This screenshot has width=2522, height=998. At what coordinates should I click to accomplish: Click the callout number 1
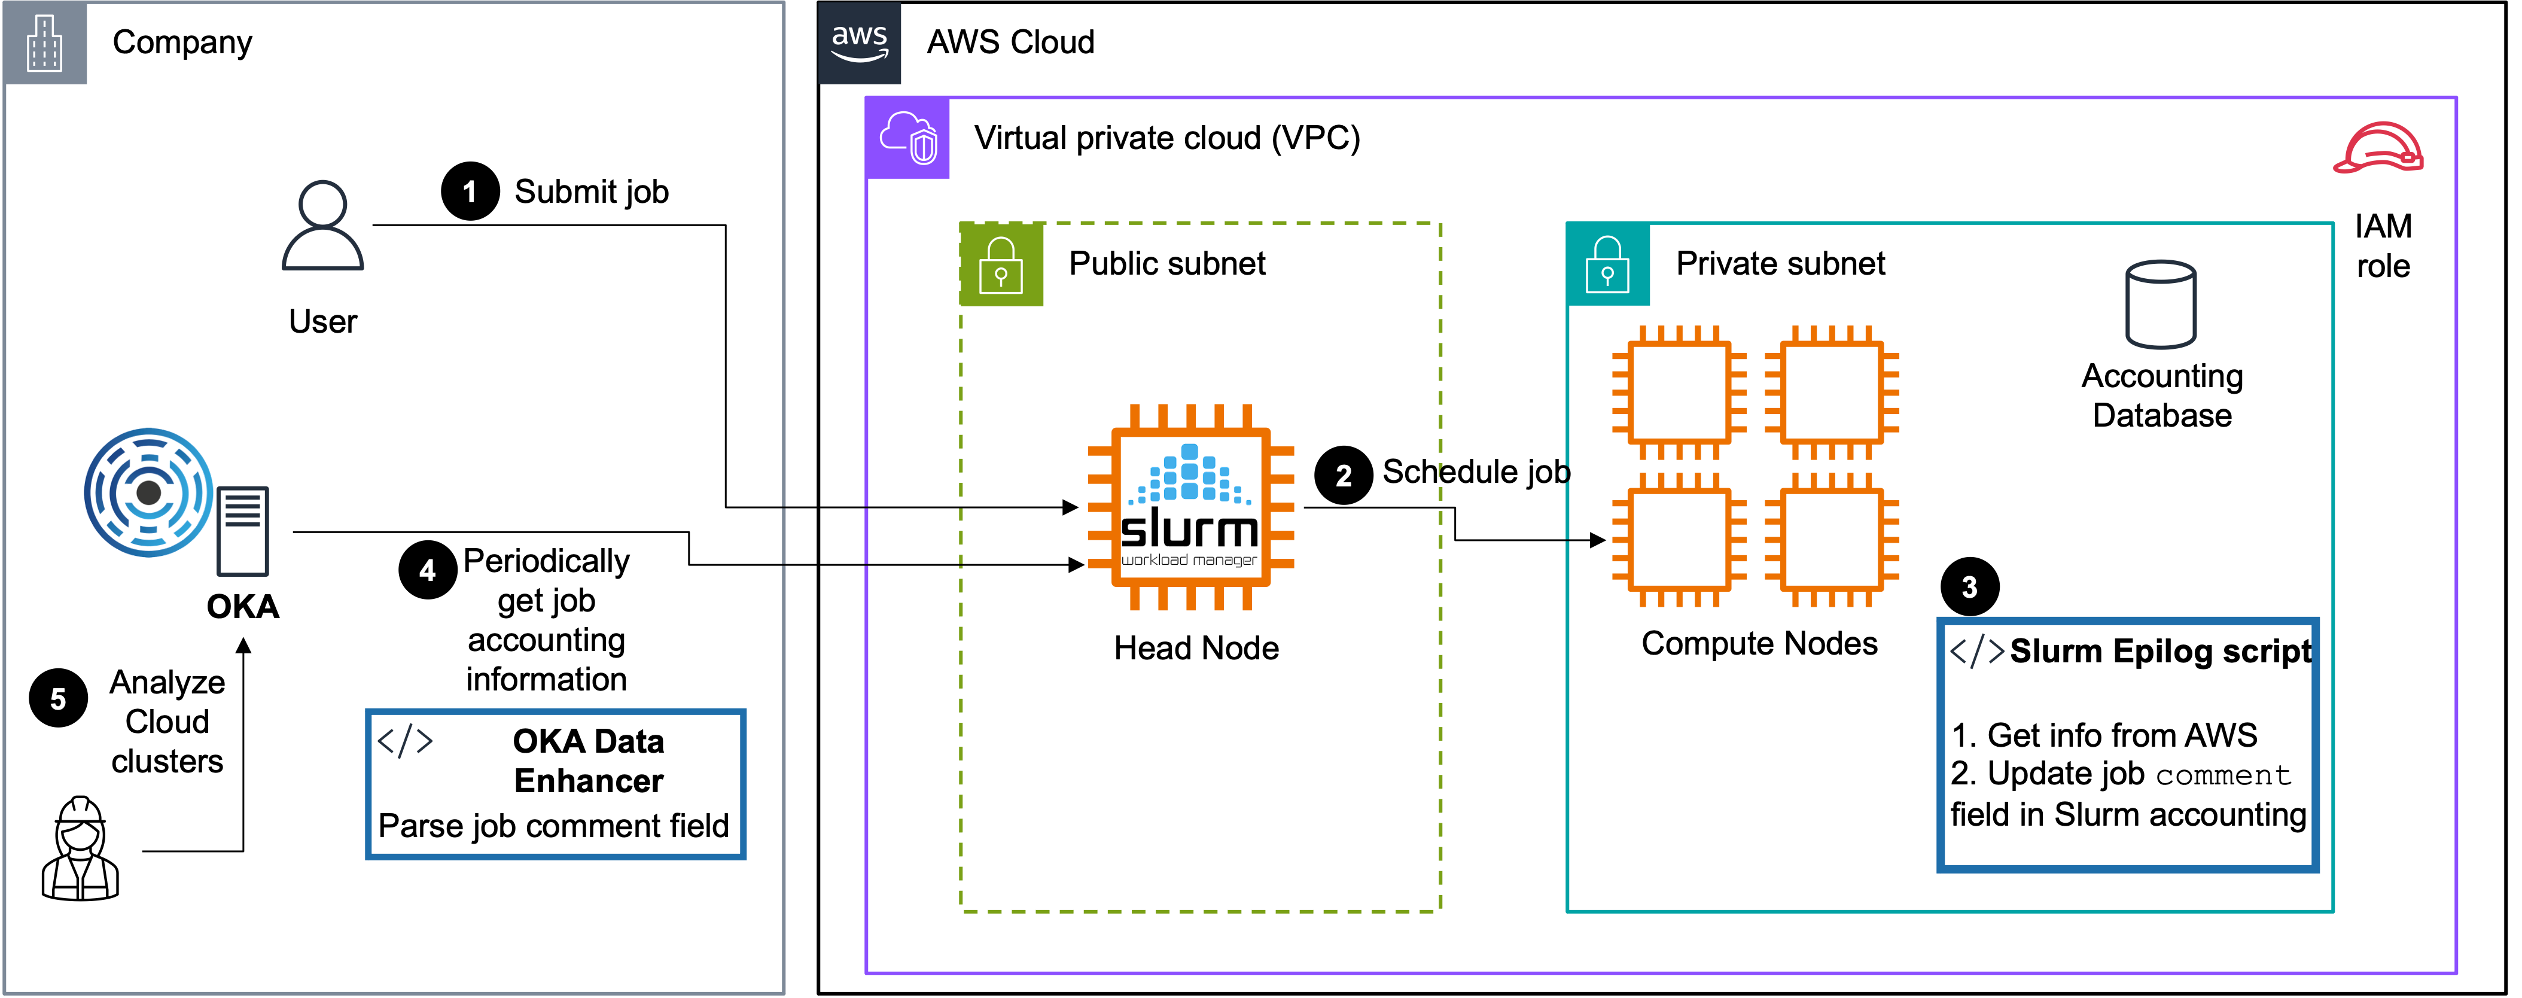469,192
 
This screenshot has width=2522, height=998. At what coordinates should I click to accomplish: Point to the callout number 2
1343,476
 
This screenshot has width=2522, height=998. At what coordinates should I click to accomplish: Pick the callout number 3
1969,588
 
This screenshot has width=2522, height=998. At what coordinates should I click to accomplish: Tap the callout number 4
427,571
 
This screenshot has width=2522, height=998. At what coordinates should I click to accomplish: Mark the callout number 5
58,699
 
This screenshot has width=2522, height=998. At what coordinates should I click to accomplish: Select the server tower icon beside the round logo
243,531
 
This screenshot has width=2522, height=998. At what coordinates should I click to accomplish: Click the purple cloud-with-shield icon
907,137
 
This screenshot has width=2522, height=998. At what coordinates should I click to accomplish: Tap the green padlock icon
1001,264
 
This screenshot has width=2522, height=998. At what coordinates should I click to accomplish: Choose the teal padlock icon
1607,264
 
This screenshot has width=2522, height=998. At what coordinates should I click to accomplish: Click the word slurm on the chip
1190,530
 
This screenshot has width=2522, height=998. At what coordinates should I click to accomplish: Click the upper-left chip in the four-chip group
1679,392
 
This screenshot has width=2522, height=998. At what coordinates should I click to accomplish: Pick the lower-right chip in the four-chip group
1832,540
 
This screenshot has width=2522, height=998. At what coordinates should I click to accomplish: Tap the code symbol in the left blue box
404,741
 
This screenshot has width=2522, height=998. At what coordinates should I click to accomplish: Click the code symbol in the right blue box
1976,652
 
